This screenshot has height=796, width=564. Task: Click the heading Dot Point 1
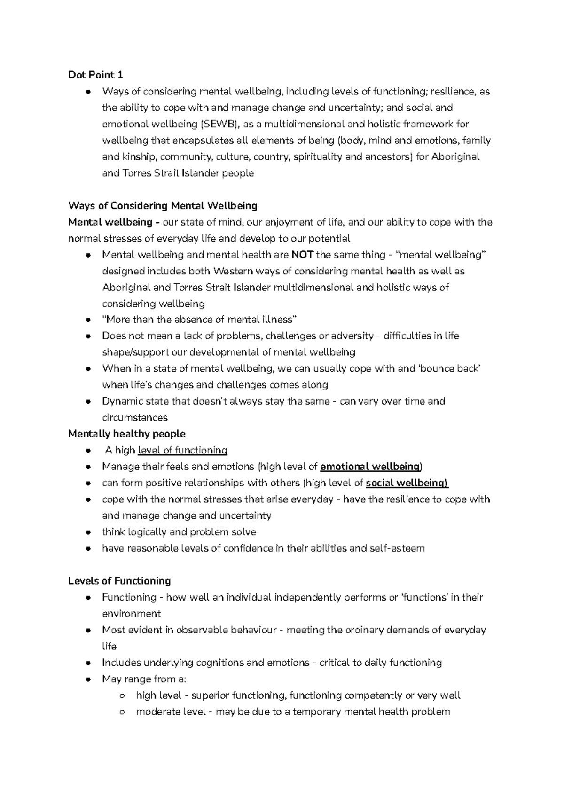(x=95, y=75)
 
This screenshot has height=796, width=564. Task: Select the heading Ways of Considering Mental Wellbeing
(x=163, y=205)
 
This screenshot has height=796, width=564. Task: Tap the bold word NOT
(x=302, y=255)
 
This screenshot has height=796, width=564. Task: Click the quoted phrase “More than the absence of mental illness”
(x=199, y=320)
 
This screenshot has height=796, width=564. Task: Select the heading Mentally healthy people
(x=127, y=434)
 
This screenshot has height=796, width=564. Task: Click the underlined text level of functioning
(x=182, y=450)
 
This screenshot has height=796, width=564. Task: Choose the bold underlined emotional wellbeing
(x=369, y=467)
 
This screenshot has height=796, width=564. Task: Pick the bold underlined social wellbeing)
(x=407, y=483)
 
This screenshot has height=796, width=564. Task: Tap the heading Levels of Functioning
(x=119, y=581)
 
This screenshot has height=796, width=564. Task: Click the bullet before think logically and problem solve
(x=88, y=532)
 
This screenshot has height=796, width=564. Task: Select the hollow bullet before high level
(x=122, y=696)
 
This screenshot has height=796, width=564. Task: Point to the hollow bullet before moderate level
(x=122, y=712)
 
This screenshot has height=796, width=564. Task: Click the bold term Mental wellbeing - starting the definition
(x=113, y=222)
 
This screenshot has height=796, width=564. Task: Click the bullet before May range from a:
(x=88, y=679)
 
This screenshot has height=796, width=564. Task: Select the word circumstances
(x=134, y=418)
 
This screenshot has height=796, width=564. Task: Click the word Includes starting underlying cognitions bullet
(x=121, y=663)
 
